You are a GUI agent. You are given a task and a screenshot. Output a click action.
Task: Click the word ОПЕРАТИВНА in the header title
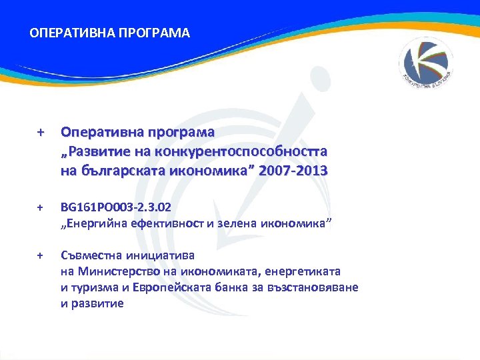pos(64,33)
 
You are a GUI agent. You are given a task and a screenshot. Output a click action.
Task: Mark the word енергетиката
pos(304,271)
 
